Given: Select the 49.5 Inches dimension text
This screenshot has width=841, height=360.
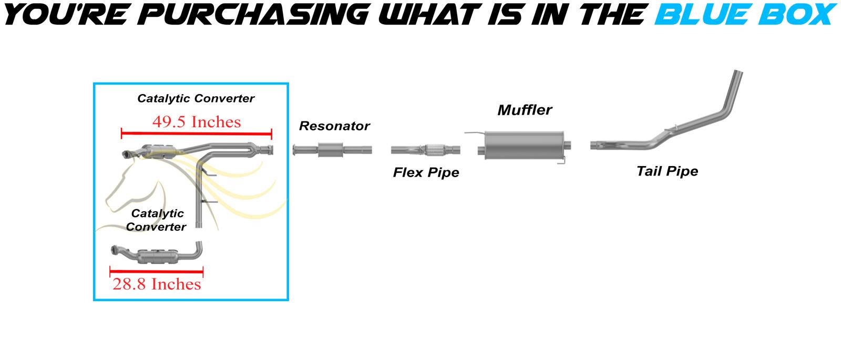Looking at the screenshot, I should (197, 122).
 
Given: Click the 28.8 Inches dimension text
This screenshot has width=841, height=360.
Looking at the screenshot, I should (157, 284).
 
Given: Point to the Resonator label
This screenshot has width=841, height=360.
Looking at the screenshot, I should (334, 126).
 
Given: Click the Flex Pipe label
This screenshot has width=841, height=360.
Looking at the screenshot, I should (426, 172).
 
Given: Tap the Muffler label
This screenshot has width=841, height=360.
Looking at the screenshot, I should (525, 110).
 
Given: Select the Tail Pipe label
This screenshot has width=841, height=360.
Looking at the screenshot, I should (667, 171).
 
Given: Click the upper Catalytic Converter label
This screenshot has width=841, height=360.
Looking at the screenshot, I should (196, 98).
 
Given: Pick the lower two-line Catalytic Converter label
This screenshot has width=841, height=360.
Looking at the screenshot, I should (156, 220).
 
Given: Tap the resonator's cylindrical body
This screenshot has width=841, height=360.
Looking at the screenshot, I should (331, 150).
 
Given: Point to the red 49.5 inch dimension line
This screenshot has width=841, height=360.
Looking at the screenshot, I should (197, 133).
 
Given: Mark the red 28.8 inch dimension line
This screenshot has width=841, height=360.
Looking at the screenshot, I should (156, 272).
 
